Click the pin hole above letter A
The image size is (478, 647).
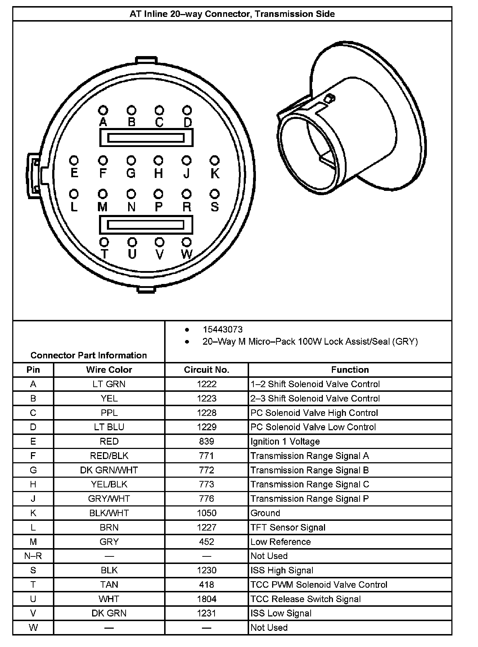(x=103, y=110)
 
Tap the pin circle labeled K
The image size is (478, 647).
(x=215, y=160)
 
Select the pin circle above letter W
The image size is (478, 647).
(x=186, y=242)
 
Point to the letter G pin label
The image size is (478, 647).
(x=131, y=173)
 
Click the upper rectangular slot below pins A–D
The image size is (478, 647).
(x=146, y=138)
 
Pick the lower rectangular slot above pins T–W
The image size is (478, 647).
(x=146, y=225)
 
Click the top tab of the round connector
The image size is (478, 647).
(x=146, y=60)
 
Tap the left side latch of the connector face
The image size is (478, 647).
(x=33, y=175)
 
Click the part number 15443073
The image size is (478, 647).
(x=222, y=330)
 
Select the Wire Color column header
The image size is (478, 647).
(x=109, y=370)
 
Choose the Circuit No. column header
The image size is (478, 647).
(x=207, y=370)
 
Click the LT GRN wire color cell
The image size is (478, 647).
(x=109, y=384)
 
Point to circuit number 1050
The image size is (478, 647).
(x=207, y=513)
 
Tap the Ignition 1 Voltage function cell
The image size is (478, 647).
(x=285, y=441)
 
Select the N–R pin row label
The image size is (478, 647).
(x=33, y=556)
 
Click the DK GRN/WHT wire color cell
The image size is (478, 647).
(x=109, y=470)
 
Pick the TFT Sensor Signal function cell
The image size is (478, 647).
(x=288, y=527)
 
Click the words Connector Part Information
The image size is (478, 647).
(x=89, y=355)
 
